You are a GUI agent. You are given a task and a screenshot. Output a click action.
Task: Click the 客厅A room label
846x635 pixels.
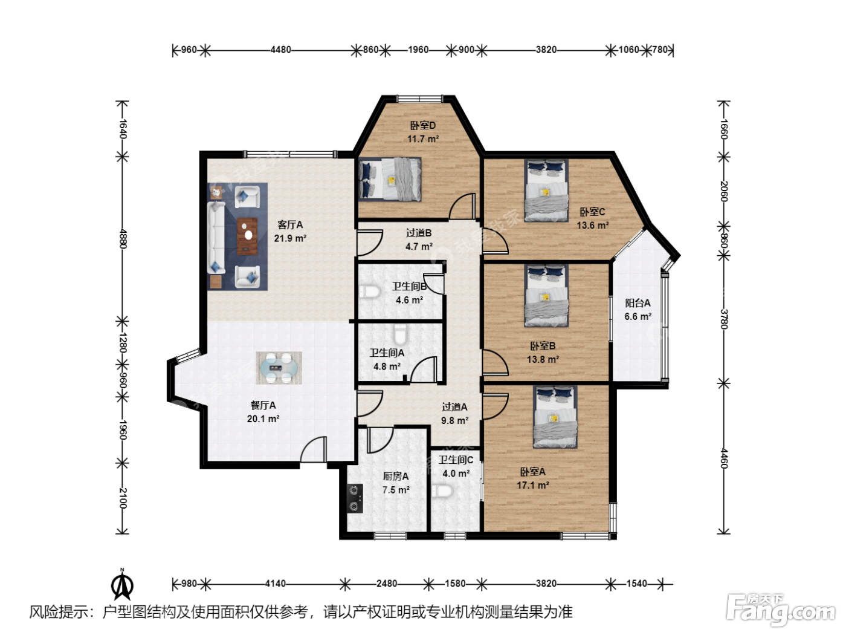290,225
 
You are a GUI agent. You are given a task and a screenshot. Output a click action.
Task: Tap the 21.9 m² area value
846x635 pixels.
290,238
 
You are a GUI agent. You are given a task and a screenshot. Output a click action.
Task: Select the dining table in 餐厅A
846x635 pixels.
279,368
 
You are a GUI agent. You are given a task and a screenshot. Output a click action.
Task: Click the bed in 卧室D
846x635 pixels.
390,179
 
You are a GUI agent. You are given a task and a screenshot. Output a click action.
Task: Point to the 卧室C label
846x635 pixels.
592,212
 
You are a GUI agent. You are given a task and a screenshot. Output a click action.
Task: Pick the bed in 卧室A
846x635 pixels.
555,417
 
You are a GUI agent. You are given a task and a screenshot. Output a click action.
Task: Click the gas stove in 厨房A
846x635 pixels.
355,498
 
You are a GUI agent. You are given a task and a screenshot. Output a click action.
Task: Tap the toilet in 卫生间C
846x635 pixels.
442,492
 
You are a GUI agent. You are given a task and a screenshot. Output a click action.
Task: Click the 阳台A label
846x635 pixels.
638,303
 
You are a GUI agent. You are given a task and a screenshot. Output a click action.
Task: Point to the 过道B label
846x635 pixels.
419,233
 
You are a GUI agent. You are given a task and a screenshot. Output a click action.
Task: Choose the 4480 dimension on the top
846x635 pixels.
280,50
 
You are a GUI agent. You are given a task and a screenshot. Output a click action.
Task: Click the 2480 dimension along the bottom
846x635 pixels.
387,584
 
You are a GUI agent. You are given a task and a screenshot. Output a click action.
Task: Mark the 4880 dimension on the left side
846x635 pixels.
123,239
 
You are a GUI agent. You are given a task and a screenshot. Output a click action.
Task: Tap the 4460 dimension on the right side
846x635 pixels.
723,458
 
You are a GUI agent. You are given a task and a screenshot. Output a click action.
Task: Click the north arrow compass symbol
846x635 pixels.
122,585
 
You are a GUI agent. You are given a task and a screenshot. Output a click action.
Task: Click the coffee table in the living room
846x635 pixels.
247,236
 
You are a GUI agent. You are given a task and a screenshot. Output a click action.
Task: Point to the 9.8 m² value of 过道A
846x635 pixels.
455,420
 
